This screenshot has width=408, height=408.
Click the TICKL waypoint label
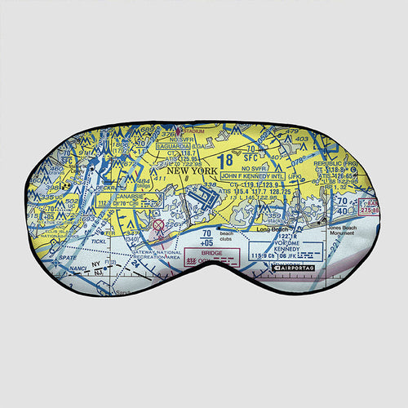coord(100,242)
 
